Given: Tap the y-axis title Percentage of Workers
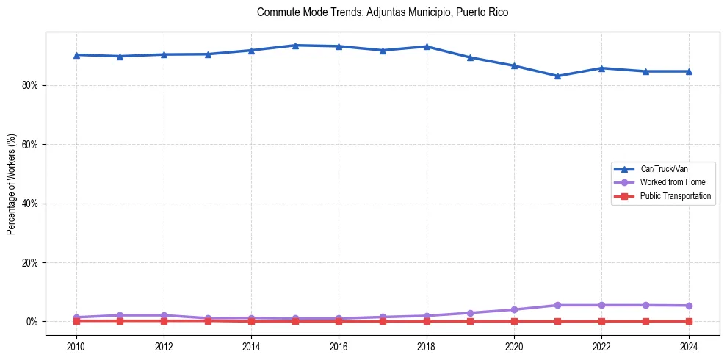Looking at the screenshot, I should coord(12,184).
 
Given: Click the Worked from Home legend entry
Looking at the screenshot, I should coord(668,182).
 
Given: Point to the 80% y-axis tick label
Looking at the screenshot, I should coord(31,85).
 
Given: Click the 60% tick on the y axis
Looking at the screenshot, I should coord(31,145).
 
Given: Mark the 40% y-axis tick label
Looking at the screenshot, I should coord(31,204).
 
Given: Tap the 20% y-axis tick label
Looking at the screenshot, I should coord(31,262).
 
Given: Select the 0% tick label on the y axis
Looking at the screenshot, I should coord(33,322).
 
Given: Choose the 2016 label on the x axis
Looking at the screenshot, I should coord(339,345).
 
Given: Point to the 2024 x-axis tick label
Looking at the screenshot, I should coord(689,345).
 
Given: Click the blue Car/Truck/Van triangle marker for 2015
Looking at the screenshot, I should coord(295,46).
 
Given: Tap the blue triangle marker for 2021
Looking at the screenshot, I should coord(557,76).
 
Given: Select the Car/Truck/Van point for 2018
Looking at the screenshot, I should coord(427,46).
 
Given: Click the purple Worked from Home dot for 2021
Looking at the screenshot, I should coord(557,305).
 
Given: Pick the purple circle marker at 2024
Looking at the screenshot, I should coord(689,306).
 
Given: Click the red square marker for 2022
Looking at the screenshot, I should coord(601,321).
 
